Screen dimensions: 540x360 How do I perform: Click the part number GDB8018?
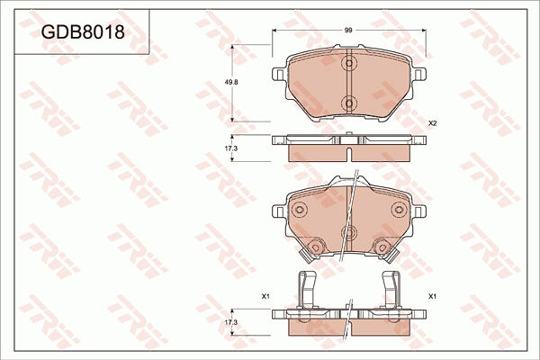83,32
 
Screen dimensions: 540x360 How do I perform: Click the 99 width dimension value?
348,31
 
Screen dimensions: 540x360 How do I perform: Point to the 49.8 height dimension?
232,82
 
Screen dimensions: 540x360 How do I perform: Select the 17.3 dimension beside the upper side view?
231,148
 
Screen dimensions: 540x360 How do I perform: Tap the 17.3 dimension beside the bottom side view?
231,322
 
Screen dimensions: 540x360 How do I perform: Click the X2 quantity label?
432,123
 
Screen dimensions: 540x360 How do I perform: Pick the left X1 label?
265,296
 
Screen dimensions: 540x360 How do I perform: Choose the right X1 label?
432,296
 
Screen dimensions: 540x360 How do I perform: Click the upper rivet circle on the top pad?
349,63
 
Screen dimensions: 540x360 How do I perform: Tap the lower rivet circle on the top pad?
349,103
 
